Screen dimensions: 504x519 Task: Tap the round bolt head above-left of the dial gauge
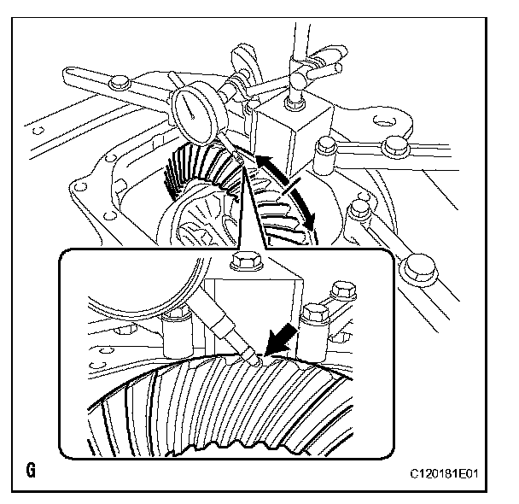(x=119, y=82)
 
